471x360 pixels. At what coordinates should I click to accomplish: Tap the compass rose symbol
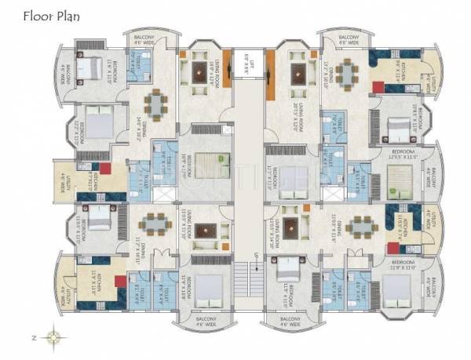[53, 338]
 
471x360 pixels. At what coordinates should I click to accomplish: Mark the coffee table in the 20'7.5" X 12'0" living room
[298, 73]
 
